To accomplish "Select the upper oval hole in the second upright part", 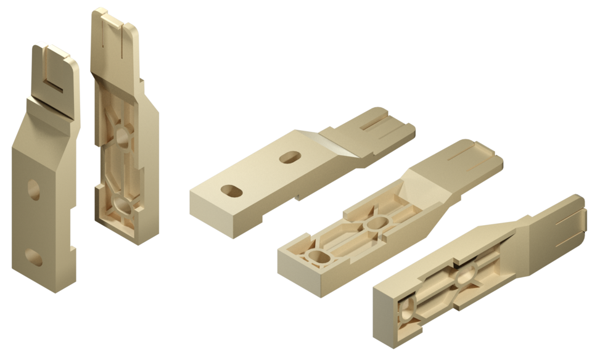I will (x=123, y=137).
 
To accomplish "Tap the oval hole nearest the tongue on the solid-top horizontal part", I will (x=289, y=158).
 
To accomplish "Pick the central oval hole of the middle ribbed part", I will (x=378, y=223).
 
